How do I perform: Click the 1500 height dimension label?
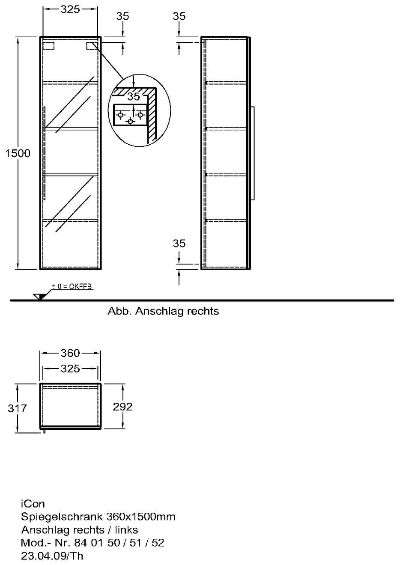coord(18,153)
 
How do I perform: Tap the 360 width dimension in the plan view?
coord(70,353)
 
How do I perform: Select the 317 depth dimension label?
coord(17,408)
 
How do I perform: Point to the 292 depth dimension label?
coord(122,407)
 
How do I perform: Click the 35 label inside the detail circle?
coord(134,96)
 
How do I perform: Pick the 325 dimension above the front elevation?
coord(70,9)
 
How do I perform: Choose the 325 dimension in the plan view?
coord(70,369)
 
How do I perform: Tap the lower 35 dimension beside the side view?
coord(179,244)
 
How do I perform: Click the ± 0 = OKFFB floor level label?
coord(72,286)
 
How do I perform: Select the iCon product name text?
coord(33,504)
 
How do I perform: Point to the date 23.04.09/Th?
coord(52,556)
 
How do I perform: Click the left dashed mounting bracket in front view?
coord(49,46)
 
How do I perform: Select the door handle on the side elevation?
coord(253,153)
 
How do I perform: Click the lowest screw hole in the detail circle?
coord(130,122)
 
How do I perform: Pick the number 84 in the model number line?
coord(79,543)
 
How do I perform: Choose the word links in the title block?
coord(126,530)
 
